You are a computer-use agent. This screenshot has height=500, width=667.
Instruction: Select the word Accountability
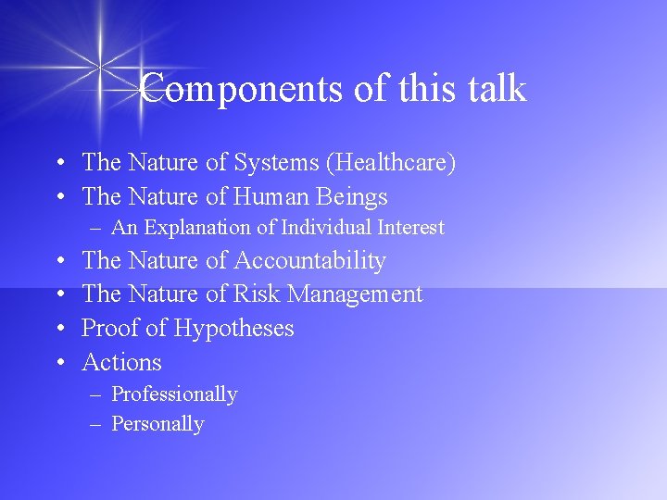click(x=310, y=261)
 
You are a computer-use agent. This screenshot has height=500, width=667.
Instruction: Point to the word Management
click(x=356, y=294)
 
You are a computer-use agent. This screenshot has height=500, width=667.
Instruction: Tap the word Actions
click(x=121, y=362)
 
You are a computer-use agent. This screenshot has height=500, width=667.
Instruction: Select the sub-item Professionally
click(x=174, y=394)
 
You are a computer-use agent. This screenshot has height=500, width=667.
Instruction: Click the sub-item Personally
click(x=157, y=424)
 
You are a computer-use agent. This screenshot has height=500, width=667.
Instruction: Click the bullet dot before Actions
click(x=58, y=363)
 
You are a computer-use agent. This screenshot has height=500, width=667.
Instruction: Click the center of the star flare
click(x=98, y=64)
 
